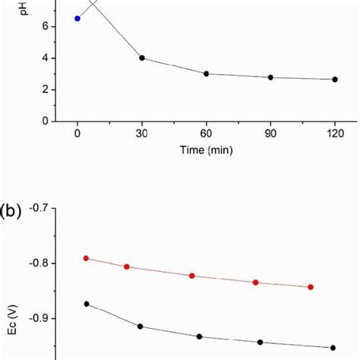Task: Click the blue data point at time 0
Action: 77,18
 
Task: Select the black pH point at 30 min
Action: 142,58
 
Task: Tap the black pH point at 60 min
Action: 207,74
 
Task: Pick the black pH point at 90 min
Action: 270,77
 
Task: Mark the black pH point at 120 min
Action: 335,79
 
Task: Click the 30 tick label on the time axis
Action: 142,134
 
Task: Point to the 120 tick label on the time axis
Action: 335,134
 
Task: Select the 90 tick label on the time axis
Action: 270,134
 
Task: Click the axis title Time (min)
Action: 206,150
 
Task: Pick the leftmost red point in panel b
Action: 86,258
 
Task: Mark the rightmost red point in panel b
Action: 311,287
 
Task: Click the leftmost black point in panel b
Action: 86,304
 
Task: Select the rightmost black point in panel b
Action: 333,348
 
